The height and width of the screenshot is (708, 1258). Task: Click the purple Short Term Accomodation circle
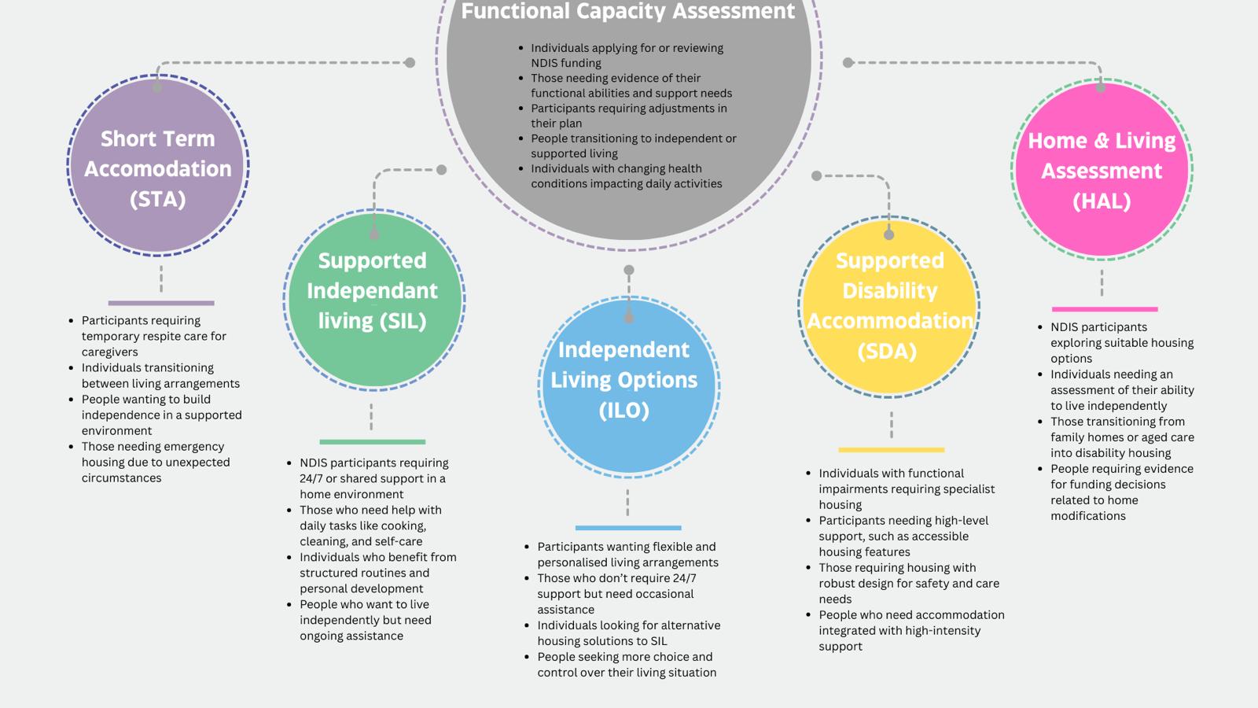[x=158, y=166]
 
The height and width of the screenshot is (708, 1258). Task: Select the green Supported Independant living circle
[x=374, y=300]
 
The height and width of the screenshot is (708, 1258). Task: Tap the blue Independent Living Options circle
[x=629, y=387]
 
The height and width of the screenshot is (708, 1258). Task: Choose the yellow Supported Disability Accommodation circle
[x=889, y=307]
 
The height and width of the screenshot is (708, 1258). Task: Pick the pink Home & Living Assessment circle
[x=1102, y=169]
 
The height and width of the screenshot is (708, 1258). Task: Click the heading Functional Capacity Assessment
[x=628, y=11]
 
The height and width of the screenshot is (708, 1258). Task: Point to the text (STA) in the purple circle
[x=158, y=200]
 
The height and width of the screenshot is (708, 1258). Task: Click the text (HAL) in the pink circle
[x=1102, y=201]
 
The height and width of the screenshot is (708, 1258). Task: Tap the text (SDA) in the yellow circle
[x=888, y=351]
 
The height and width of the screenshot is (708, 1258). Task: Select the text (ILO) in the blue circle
[x=624, y=410]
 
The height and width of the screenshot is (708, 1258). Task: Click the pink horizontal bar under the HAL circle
[x=1105, y=309]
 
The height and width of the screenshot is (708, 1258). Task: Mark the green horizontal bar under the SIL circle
[x=373, y=441]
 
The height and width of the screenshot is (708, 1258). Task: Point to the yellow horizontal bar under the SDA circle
[x=892, y=449]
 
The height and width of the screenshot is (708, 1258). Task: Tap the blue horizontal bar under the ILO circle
[x=628, y=528]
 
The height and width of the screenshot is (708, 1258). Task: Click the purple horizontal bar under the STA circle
[x=161, y=303]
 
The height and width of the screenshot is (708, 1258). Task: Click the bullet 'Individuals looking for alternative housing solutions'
[x=623, y=632]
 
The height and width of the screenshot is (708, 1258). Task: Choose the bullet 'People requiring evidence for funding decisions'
[x=1116, y=492]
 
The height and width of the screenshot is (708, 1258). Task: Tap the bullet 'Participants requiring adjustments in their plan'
[x=623, y=115]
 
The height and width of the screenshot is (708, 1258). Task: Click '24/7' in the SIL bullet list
[x=311, y=478]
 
